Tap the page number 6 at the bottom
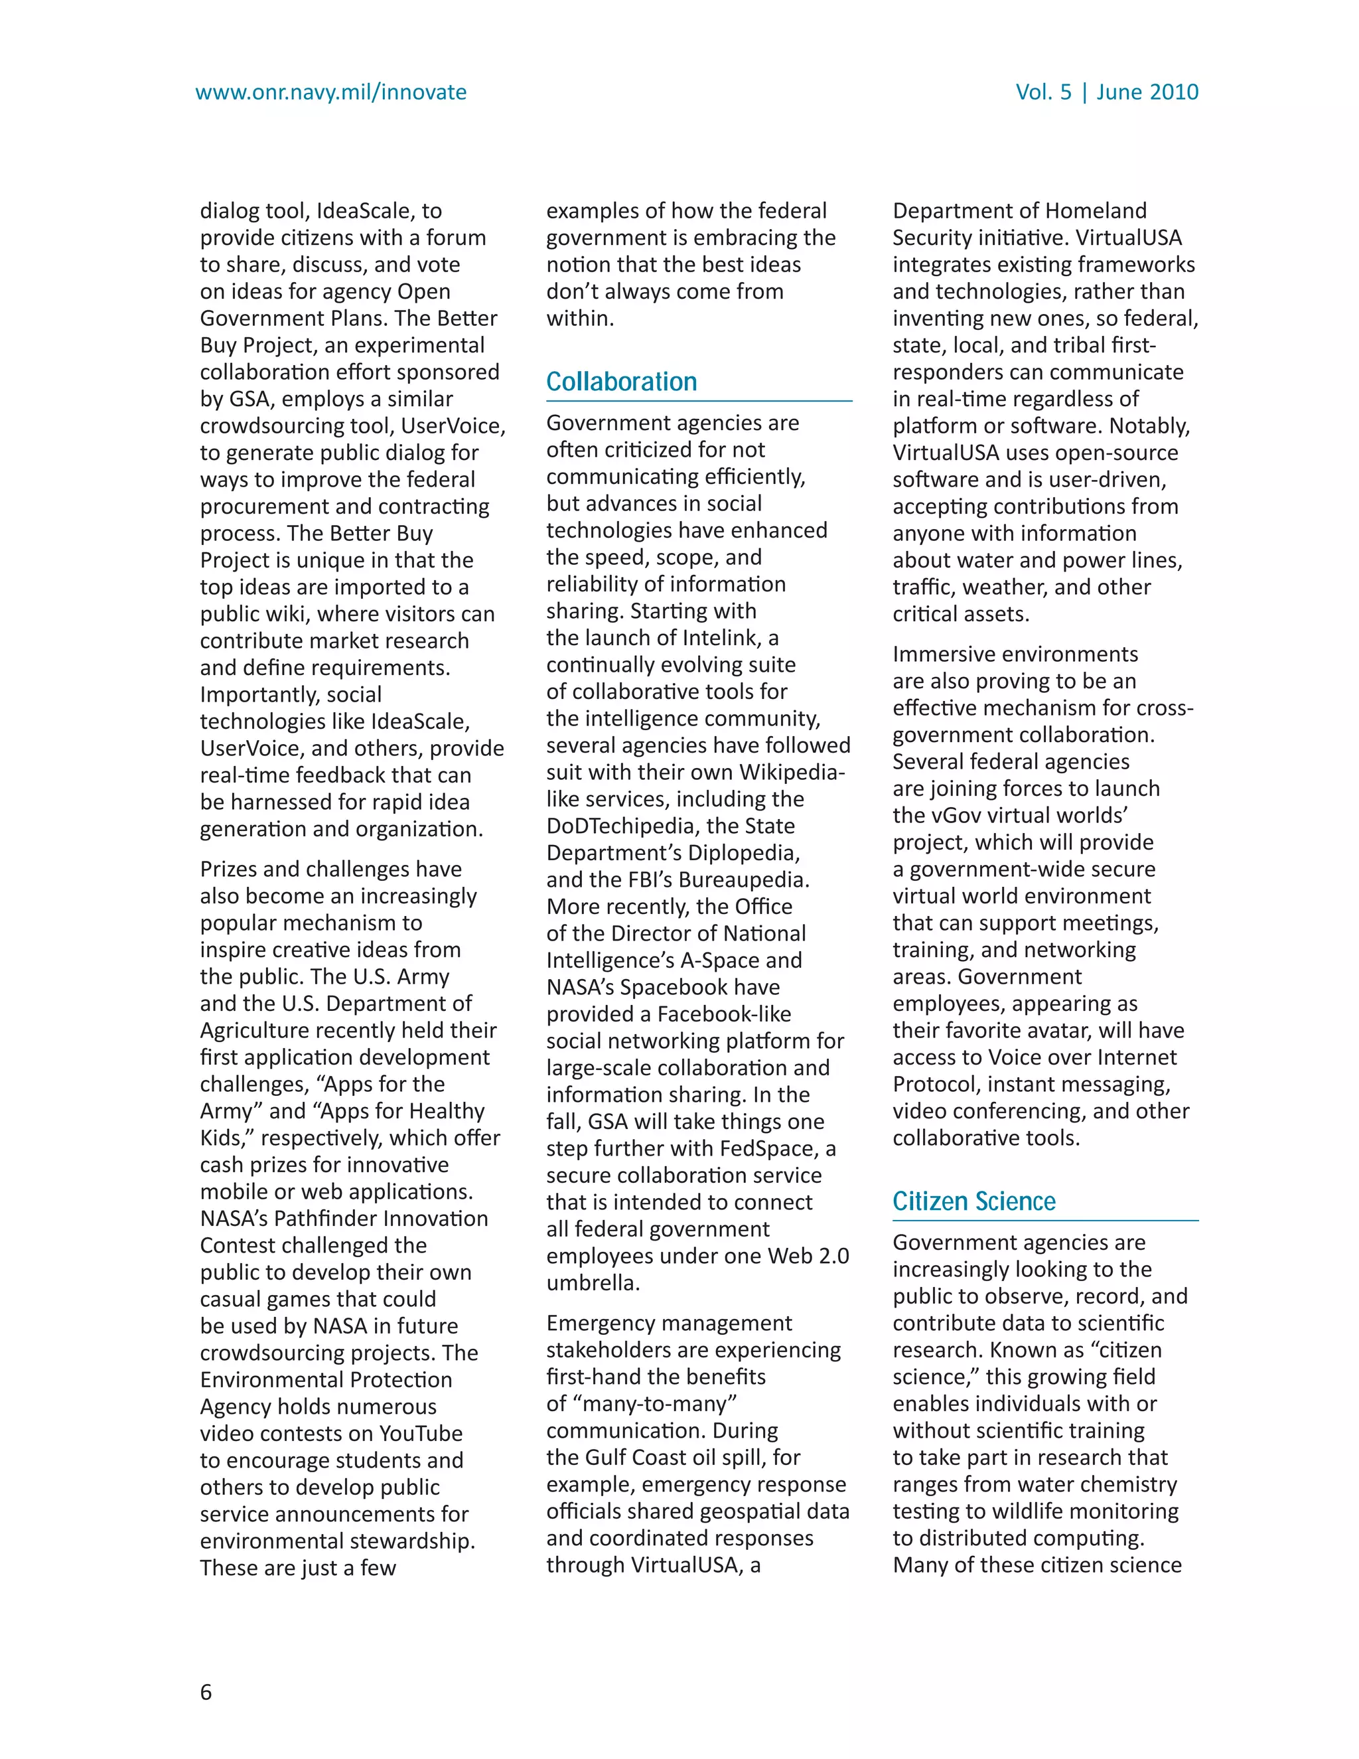206,1691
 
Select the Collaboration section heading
622,382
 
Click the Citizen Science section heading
973,1201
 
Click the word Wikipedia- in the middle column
792,773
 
